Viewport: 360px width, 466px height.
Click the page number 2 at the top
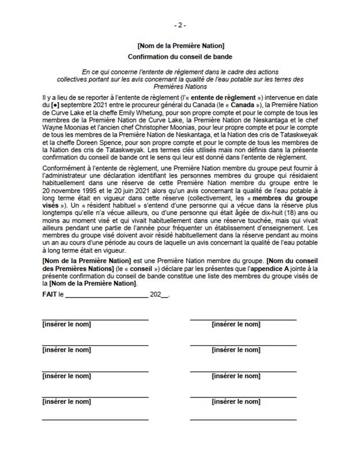[x=180, y=26]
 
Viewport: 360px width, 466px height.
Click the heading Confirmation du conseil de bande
[x=180, y=57]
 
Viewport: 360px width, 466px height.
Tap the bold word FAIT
[x=50, y=294]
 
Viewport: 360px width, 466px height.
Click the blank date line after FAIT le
[x=107, y=295]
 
